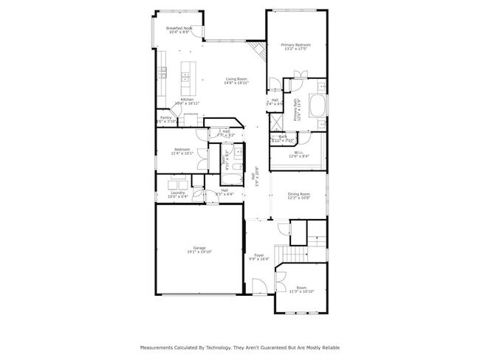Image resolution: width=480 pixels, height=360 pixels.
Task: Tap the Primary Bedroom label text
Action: coord(295,45)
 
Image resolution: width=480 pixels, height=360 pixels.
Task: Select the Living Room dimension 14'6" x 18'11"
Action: coord(236,83)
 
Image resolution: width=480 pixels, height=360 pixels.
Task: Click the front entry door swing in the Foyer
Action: coord(256,285)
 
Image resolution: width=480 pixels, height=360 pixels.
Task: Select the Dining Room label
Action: coord(298,193)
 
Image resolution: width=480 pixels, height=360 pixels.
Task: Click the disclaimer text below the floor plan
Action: coord(240,347)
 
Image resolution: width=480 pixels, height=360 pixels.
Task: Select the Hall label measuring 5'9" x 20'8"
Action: coord(256,177)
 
